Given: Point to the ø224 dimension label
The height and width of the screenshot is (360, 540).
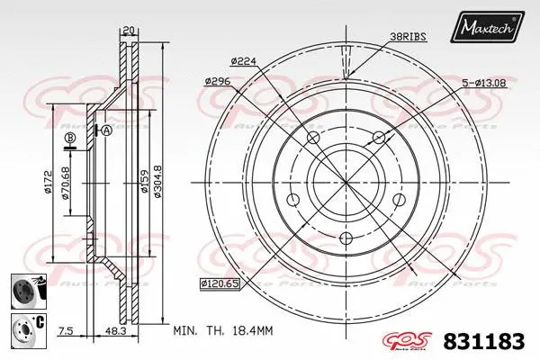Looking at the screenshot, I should point(245,61).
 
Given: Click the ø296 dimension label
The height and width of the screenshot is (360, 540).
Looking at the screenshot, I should point(219,81).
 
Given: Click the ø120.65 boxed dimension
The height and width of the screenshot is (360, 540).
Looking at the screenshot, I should point(219,283).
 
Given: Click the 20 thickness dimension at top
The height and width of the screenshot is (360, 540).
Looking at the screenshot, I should point(129,31).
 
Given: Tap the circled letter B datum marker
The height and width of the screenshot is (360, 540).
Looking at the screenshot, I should point(68,137).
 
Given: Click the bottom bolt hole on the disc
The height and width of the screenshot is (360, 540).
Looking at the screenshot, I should point(346,239).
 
